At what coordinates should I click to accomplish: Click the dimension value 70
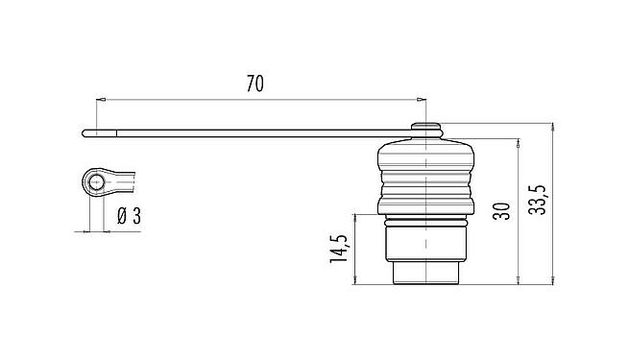point(254,84)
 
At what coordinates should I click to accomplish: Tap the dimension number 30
point(501,211)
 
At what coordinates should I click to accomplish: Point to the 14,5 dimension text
point(338,249)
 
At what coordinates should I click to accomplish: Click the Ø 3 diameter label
point(128,216)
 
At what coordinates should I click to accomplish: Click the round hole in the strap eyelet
point(93,181)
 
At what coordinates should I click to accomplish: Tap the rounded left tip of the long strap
point(86,132)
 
